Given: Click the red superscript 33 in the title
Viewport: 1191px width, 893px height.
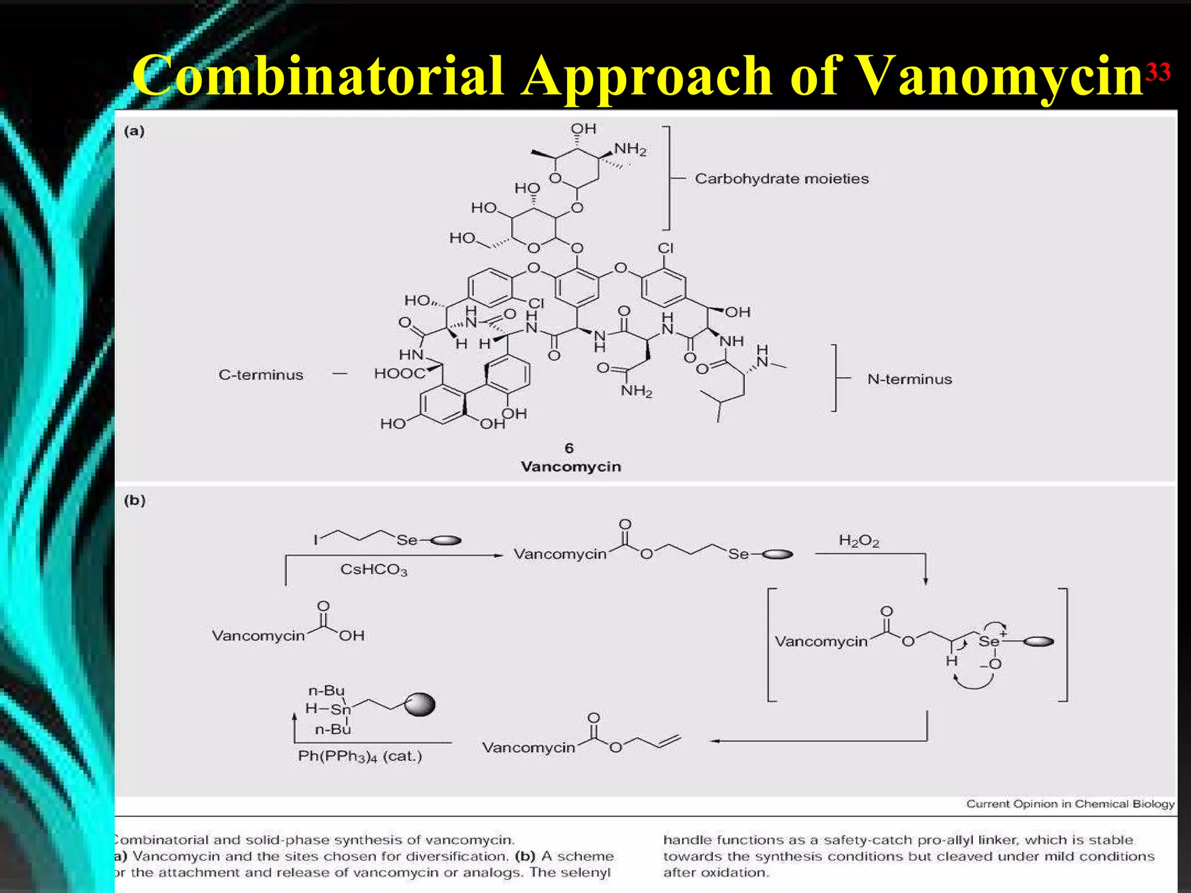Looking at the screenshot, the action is [x=1157, y=73].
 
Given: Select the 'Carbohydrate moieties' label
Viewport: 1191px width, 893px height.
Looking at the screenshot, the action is [x=782, y=178].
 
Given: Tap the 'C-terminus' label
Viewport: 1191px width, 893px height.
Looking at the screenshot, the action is [x=261, y=375].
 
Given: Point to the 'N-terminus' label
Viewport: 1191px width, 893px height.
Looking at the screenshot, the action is [x=910, y=380].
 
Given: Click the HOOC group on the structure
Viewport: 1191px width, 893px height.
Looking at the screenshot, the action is [x=400, y=373].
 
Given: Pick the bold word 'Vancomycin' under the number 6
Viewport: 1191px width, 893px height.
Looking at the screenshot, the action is [x=570, y=467].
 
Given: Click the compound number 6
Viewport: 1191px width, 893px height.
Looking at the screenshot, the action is [x=569, y=448].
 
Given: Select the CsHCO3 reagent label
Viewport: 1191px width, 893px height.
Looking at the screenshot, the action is [x=373, y=570].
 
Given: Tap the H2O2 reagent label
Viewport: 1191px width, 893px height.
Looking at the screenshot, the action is [x=858, y=541].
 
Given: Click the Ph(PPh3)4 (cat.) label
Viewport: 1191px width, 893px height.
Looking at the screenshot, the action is [x=360, y=756].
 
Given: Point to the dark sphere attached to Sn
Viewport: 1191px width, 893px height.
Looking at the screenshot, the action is [x=420, y=705].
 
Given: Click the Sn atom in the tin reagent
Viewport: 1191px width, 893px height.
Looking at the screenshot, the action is [x=341, y=709].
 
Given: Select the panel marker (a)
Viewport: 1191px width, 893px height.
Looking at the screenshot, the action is [x=134, y=131].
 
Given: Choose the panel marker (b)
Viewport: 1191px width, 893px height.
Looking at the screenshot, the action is [x=134, y=501].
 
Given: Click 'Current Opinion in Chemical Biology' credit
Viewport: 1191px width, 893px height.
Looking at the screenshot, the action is [x=1070, y=804].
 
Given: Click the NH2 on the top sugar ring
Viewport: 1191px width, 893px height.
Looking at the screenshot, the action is [x=630, y=149].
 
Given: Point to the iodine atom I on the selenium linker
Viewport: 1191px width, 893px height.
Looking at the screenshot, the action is [x=316, y=540].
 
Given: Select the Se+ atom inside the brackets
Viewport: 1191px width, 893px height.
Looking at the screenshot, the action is [x=989, y=641].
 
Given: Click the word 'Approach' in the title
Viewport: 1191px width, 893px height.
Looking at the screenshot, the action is [x=646, y=76].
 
